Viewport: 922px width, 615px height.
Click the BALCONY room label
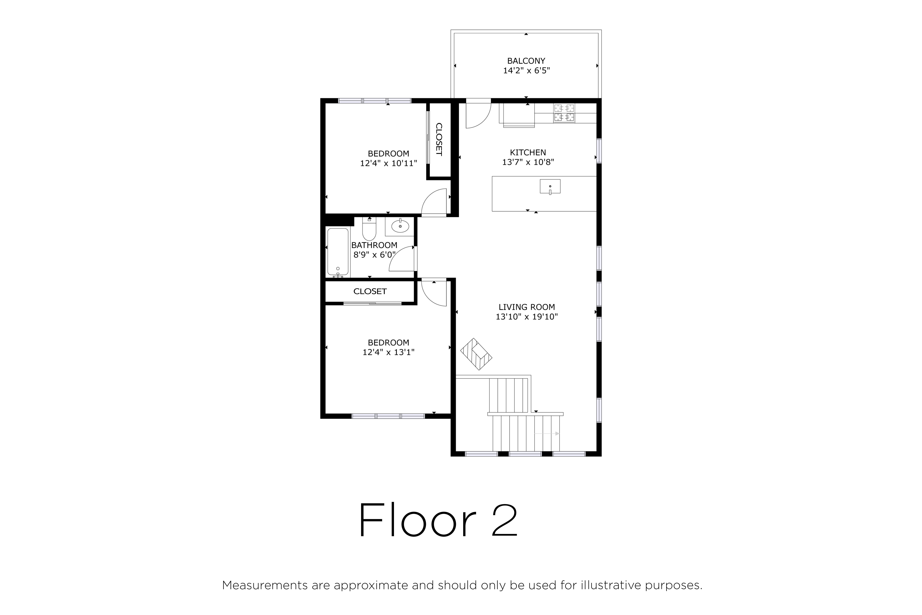tap(526, 61)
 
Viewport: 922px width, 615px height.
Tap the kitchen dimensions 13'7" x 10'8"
tap(528, 162)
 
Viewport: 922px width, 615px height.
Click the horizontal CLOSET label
tap(370, 291)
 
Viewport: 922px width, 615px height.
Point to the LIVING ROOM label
tap(527, 307)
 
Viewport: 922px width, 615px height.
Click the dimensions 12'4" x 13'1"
tap(388, 352)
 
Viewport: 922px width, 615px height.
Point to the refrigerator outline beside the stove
tap(517, 115)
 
